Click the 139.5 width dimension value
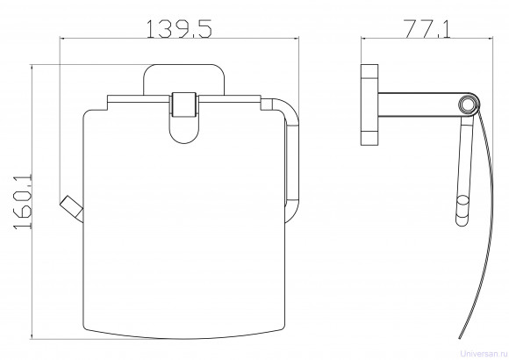point(179,29)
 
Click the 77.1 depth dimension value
point(427,29)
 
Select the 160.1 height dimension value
point(23,202)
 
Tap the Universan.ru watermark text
point(484,353)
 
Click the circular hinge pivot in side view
point(468,104)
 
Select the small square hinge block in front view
point(184,104)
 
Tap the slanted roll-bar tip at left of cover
point(71,207)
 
